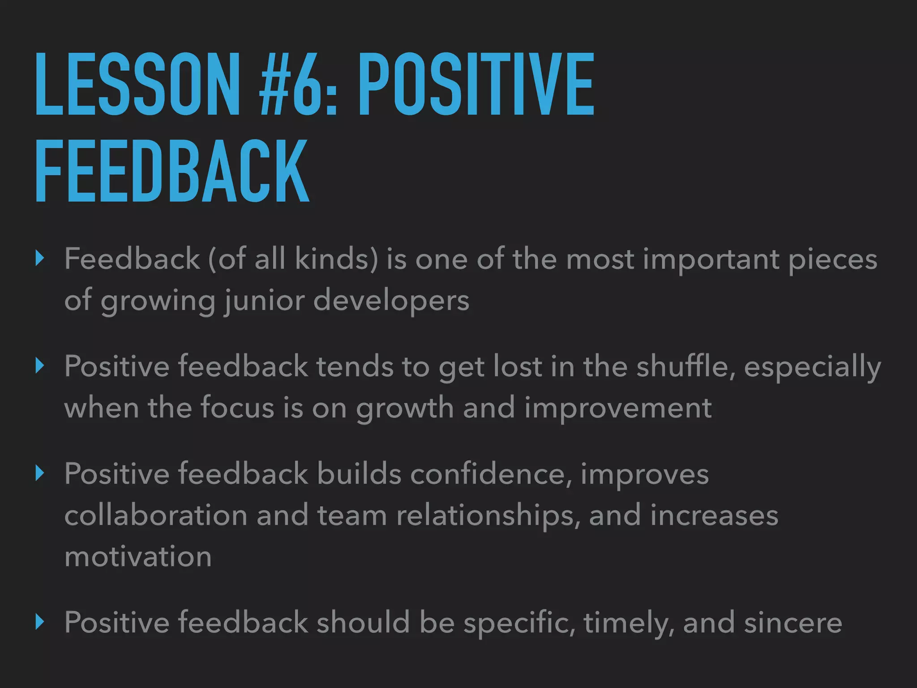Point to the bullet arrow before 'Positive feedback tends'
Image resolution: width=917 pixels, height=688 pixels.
40,366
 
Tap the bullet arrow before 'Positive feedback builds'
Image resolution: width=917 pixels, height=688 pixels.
40,473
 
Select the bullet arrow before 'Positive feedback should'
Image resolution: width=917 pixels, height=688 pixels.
40,622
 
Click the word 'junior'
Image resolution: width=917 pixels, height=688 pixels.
264,301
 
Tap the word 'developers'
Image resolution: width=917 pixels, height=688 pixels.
391,301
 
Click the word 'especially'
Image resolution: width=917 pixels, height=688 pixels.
812,367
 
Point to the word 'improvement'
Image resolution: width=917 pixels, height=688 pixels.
618,408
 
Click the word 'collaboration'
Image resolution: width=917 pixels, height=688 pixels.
156,515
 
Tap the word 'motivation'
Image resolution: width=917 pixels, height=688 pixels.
138,557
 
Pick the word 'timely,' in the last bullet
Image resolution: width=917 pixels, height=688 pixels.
629,623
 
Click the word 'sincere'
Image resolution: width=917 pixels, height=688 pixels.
793,623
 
